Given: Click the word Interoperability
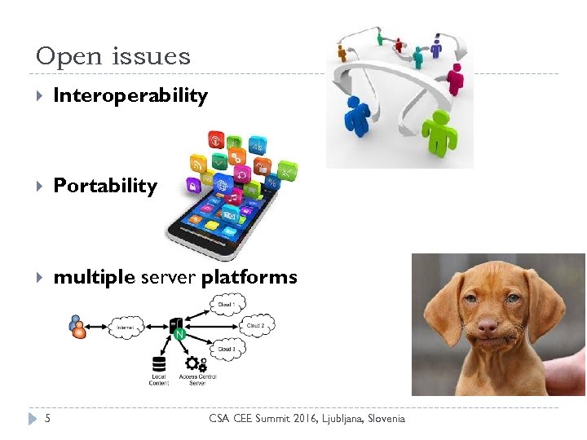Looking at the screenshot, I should (x=130, y=96).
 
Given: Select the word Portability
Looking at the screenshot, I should (x=104, y=186).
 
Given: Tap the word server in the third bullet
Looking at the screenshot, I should (x=169, y=277).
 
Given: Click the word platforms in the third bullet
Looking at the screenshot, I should (x=249, y=277).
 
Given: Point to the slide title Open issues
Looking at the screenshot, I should (x=113, y=56).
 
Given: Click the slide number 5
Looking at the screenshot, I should (x=47, y=419).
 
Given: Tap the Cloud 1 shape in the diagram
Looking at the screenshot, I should (x=226, y=305).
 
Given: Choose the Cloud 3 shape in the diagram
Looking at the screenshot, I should (x=226, y=350).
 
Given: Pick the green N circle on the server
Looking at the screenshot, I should (x=179, y=334).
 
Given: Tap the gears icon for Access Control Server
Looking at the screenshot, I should (x=196, y=363).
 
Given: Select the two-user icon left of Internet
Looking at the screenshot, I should (x=78, y=327).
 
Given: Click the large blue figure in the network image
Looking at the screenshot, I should (x=356, y=115).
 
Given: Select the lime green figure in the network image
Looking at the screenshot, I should (x=439, y=130).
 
